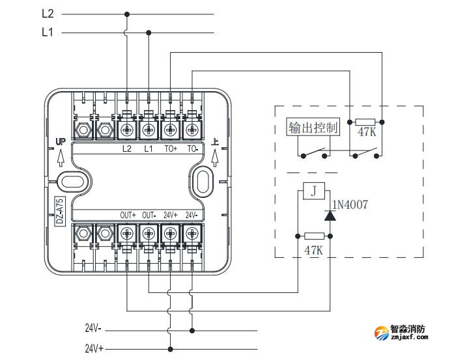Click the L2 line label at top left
point(47,13)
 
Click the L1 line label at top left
point(47,31)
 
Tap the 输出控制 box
point(314,128)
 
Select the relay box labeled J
point(314,191)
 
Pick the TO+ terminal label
point(171,148)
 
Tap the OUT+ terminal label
point(128,215)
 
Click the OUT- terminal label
point(149,215)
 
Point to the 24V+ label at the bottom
point(95,348)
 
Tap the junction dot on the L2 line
point(126,14)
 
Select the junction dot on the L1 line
point(149,32)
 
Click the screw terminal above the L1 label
point(149,130)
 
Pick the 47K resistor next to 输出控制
point(365,122)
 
